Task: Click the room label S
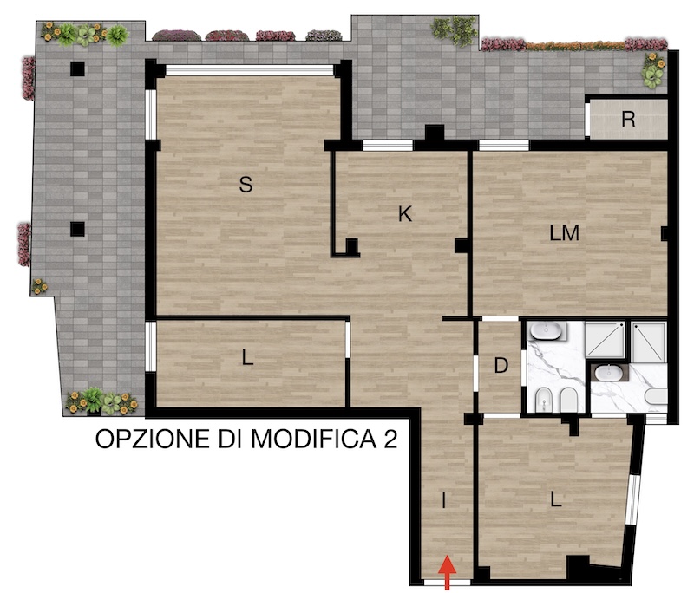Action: (246, 185)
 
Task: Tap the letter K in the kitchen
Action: (405, 214)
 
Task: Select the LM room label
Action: (565, 233)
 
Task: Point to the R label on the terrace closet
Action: (628, 119)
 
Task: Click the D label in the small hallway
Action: (501, 366)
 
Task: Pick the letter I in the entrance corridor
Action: (444, 500)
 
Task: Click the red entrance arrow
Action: (447, 573)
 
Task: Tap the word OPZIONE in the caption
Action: (153, 439)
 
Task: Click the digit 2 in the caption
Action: (390, 439)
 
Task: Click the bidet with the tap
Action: (543, 400)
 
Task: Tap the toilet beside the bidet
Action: (569, 400)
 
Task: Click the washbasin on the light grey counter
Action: (547, 330)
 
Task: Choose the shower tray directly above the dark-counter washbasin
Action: (606, 340)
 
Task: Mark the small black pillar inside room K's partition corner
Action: (352, 245)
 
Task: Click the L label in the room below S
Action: (247, 357)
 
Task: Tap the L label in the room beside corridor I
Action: (555, 499)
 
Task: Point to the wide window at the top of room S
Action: (249, 70)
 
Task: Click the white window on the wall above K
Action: (388, 146)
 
